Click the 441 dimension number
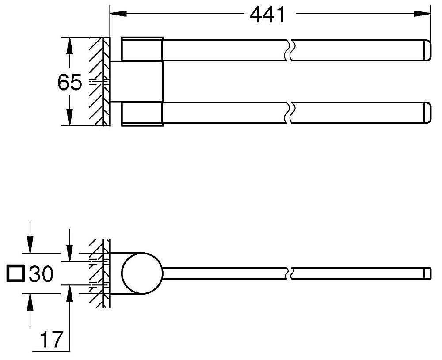[267, 15]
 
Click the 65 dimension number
[70, 82]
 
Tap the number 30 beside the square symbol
[41, 274]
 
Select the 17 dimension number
[51, 340]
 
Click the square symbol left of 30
[15, 273]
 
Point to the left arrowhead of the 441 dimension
[118, 13]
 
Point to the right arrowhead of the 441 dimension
[422, 13]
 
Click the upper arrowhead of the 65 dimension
[69, 46]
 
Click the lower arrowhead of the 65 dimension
[69, 117]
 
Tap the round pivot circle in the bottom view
[142, 273]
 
